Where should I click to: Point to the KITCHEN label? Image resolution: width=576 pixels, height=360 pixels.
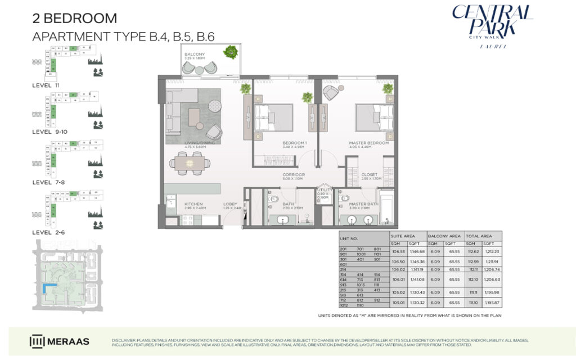[193, 205]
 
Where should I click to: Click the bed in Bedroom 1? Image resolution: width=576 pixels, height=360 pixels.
[273, 119]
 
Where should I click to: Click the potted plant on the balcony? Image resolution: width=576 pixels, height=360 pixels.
[229, 52]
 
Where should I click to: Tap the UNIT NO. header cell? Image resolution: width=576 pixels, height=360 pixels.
[350, 238]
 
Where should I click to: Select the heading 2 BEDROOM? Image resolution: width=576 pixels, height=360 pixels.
[75, 18]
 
